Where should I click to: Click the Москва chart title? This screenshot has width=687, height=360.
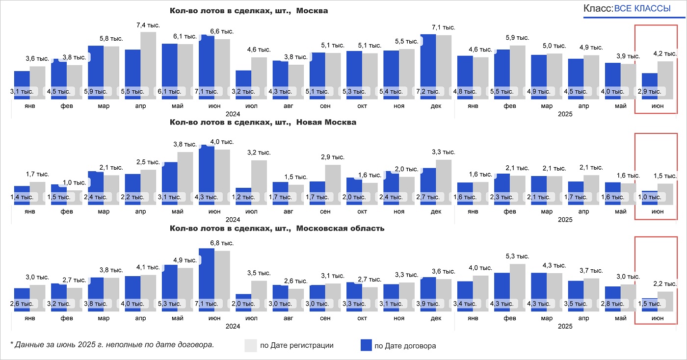[x=249, y=11]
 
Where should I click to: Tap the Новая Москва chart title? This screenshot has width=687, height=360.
[x=263, y=122]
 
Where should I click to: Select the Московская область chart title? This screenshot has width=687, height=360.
[x=277, y=229]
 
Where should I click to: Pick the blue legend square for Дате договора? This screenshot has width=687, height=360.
[x=366, y=345]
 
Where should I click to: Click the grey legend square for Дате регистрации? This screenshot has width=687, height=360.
[x=250, y=345]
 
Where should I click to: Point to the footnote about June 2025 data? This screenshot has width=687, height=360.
[x=112, y=344]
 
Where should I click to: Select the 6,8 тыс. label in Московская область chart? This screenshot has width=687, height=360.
[x=222, y=243]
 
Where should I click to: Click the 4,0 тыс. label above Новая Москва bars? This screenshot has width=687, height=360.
[x=222, y=142]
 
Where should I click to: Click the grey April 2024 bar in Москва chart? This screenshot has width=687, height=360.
[x=149, y=64]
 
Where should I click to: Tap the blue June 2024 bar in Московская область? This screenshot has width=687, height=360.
[x=207, y=275]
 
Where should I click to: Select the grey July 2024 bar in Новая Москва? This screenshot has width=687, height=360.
[x=259, y=179]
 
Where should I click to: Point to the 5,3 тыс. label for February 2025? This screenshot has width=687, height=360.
[x=517, y=257]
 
